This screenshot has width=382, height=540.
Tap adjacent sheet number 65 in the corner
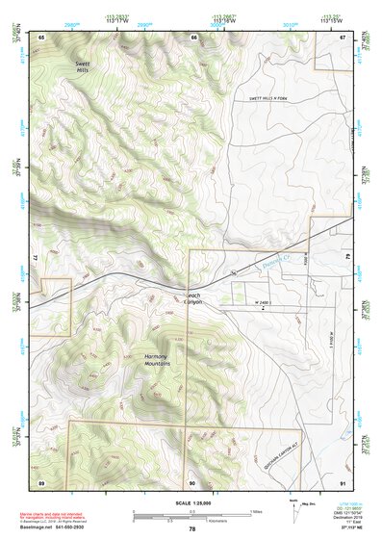point(42,37)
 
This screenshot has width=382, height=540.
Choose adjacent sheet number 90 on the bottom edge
point(191,481)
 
